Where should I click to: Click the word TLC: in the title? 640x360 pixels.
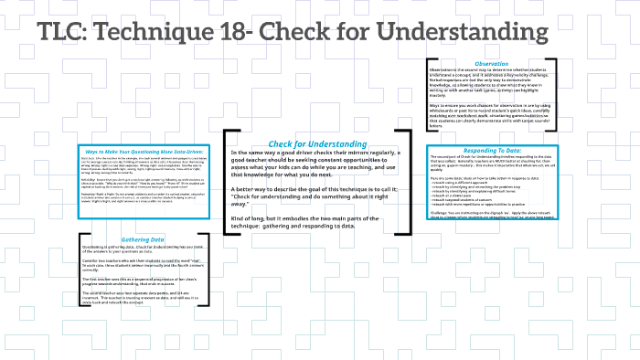click(x=65, y=33)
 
